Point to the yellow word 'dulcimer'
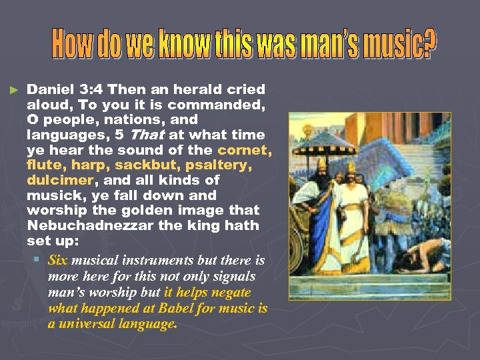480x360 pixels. pos(59,181)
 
